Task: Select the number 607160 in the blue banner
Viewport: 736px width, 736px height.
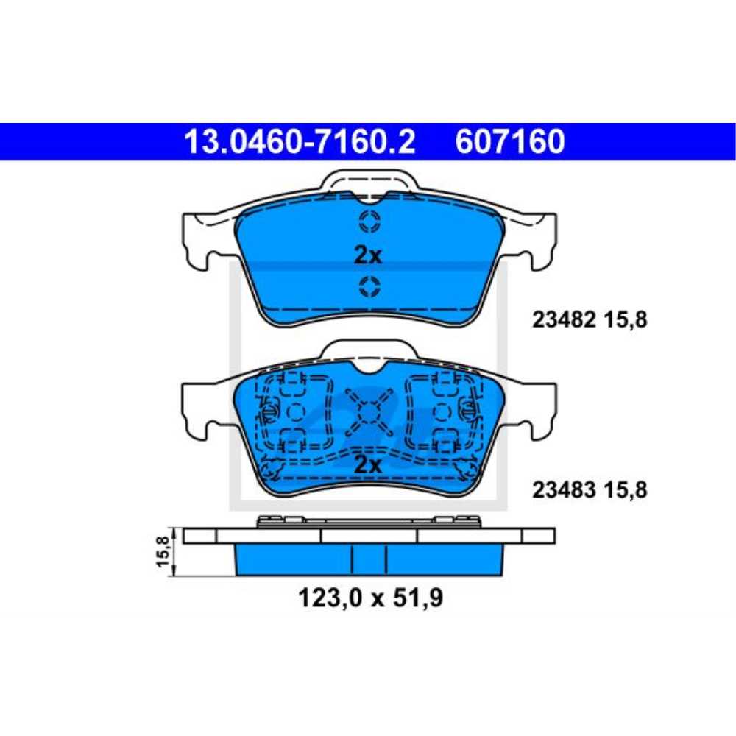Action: tap(510, 141)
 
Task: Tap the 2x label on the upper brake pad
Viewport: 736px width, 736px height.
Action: tap(368, 255)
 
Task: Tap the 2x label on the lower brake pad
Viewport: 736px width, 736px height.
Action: tap(368, 464)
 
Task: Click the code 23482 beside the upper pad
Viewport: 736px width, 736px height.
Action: tap(562, 320)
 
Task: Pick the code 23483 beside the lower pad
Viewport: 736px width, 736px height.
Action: tap(562, 489)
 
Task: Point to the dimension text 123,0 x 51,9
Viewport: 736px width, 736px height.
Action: tap(370, 598)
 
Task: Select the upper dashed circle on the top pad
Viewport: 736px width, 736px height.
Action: tap(368, 220)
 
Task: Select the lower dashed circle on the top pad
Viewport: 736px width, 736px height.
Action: tap(368, 286)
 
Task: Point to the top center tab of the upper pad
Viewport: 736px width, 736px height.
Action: tap(368, 181)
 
